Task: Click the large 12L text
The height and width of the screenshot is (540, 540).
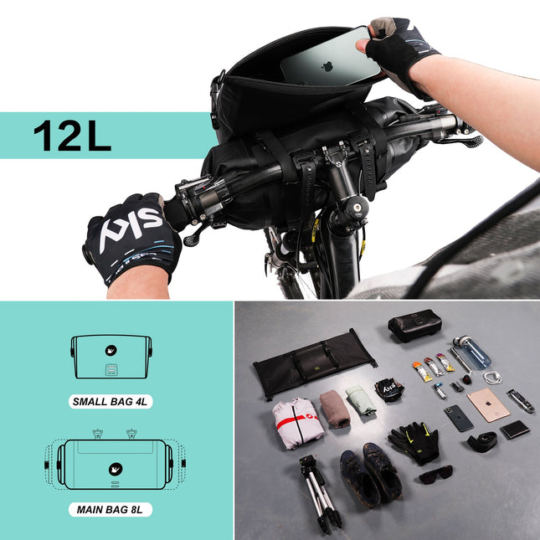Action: coord(72,136)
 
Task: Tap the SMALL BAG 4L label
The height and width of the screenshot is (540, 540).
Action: coord(111,401)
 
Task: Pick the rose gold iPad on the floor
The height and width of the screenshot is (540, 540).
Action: coord(488,404)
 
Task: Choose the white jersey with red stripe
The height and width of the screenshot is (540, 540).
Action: coord(297,423)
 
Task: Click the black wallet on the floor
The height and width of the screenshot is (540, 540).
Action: coord(514,429)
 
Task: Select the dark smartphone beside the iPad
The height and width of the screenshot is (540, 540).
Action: coord(458,418)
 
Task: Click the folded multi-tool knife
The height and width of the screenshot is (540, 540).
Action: coord(520,401)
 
